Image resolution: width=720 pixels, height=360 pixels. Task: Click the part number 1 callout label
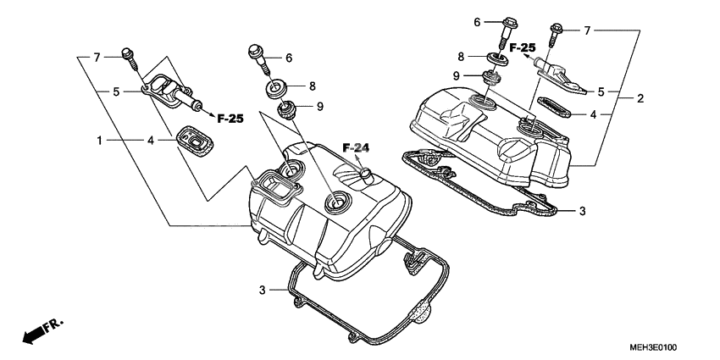pos(100,139)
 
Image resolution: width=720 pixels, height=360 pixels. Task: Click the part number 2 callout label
pos(640,98)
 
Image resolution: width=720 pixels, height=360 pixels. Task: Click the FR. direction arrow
pos(42,331)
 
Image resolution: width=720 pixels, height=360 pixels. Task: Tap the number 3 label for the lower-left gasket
pos(263,291)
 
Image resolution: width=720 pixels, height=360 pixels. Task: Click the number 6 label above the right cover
pos(477,21)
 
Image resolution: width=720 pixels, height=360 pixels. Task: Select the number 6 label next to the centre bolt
pos(289,58)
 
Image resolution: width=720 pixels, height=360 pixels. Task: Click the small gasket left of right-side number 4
pos(551,108)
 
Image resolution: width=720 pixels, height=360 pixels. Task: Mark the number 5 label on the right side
pos(601,91)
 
